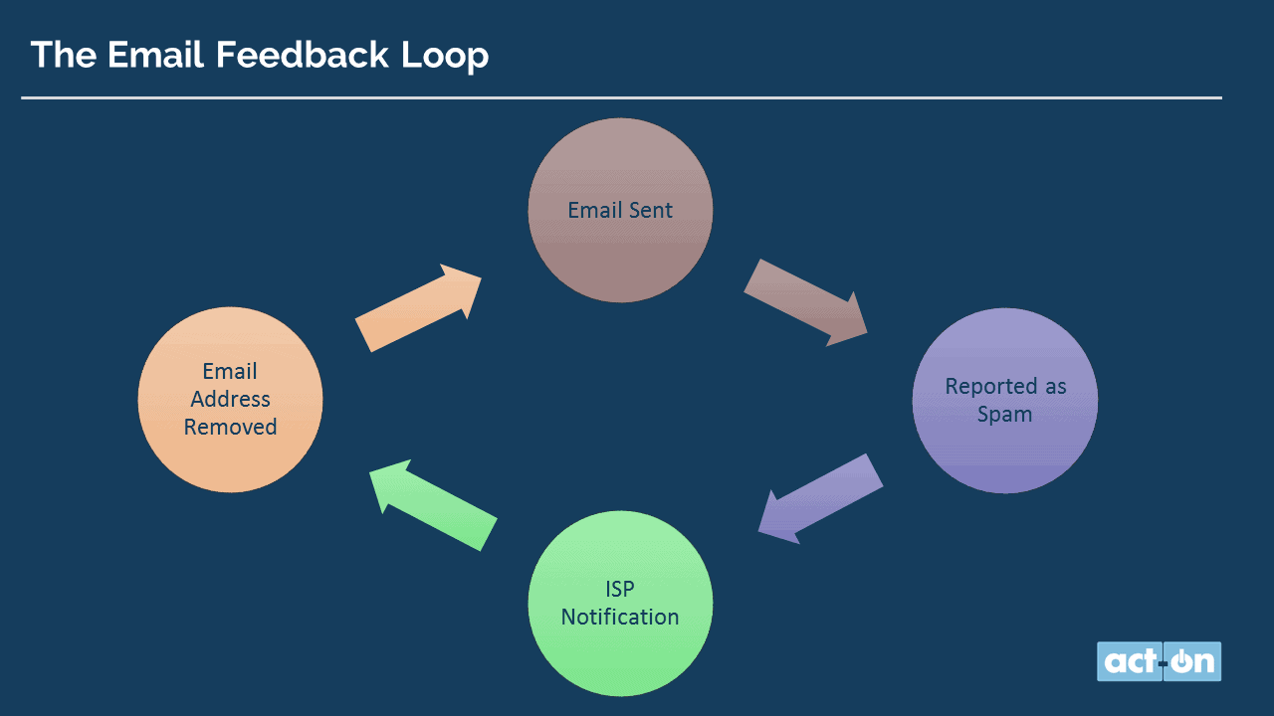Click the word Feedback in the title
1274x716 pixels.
(x=302, y=55)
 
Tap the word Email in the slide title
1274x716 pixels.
(x=155, y=55)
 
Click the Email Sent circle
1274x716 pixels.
(x=620, y=210)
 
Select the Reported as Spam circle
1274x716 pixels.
(x=1005, y=401)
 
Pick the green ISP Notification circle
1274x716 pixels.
(x=620, y=603)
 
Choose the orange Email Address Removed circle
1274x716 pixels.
(x=230, y=400)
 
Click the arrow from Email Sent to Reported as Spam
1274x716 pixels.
(x=806, y=303)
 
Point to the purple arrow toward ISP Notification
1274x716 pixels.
(x=820, y=498)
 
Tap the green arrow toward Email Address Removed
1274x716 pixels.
(x=433, y=504)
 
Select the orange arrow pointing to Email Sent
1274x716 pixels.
(x=419, y=308)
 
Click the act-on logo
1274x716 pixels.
(x=1159, y=661)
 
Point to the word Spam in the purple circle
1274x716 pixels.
(x=1004, y=415)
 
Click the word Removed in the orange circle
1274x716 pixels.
(x=230, y=427)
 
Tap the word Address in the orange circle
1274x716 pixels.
(x=230, y=399)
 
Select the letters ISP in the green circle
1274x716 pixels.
(x=619, y=590)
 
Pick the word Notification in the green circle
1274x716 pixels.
(x=620, y=618)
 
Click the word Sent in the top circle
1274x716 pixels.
(x=651, y=210)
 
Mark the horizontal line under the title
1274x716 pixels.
(x=622, y=97)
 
